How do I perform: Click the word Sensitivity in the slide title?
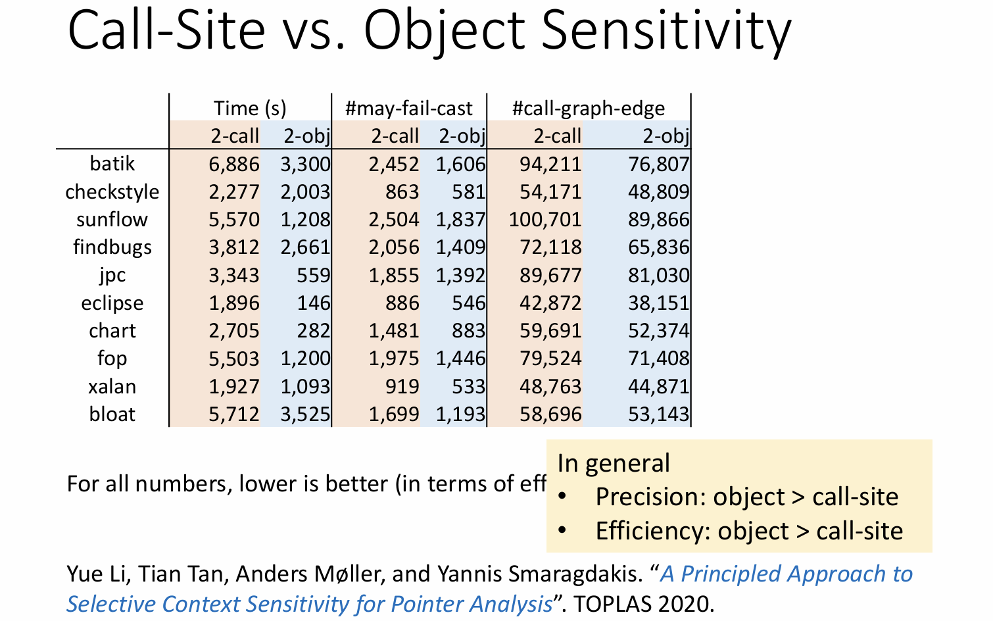pos(666,30)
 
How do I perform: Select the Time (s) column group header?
pos(250,109)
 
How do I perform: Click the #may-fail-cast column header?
pos(409,109)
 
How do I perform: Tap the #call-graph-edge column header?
pos(589,109)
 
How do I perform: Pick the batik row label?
pos(112,163)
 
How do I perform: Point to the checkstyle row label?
pos(112,191)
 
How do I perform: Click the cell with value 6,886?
pos(234,164)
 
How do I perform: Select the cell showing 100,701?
pos(545,220)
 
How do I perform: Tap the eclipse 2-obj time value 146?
pos(313,303)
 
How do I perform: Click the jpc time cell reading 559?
pos(313,275)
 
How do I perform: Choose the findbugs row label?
pos(112,247)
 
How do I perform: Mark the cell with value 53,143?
pos(658,414)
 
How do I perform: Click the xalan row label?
pos(112,387)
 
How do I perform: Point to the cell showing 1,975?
pos(393,359)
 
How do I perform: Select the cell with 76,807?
pos(658,164)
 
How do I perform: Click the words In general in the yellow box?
pos(614,463)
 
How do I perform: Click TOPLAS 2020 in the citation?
pos(644,604)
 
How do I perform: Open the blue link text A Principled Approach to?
pos(787,574)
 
